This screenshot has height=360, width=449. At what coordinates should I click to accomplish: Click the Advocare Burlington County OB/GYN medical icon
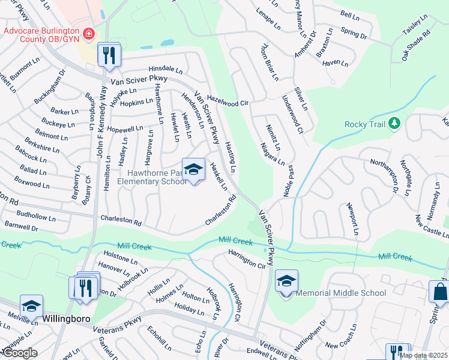tap(89, 34)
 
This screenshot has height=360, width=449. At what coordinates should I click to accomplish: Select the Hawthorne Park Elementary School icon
tap(193, 170)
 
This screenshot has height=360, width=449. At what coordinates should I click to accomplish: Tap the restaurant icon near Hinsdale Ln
tap(110, 56)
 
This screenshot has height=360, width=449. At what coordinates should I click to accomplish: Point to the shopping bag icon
tap(440, 292)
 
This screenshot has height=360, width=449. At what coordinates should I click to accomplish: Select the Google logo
tap(19, 353)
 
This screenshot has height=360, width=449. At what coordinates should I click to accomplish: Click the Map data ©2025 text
tap(423, 355)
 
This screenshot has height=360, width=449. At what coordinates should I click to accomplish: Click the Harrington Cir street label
tap(246, 259)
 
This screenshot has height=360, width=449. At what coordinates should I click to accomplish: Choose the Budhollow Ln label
tap(36, 217)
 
